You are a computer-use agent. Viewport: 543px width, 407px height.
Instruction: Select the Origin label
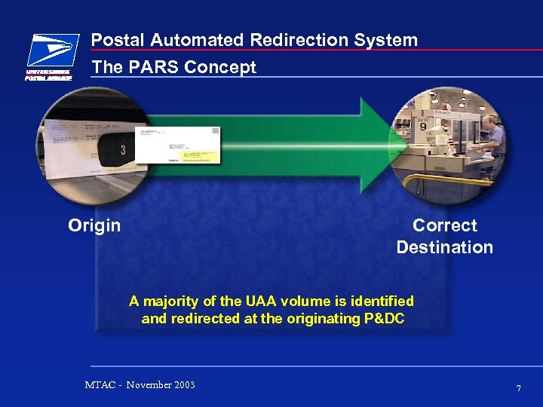(x=94, y=225)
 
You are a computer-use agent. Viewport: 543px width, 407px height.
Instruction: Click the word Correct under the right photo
(x=445, y=225)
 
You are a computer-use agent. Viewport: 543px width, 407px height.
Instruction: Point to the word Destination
(x=445, y=247)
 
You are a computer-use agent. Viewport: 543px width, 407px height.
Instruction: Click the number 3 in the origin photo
(x=122, y=151)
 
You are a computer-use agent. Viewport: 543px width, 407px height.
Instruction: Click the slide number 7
(x=518, y=388)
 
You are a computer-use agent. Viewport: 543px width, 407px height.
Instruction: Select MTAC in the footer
(x=100, y=385)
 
